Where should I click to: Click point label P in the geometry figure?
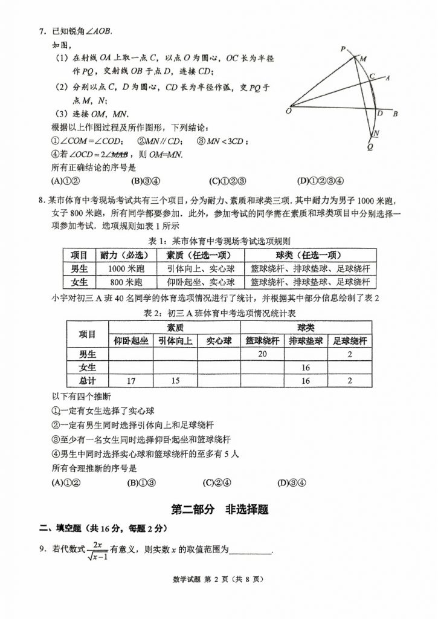(343, 48)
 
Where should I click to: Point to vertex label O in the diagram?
(288, 111)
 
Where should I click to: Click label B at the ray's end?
(395, 114)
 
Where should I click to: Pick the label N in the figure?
(376, 133)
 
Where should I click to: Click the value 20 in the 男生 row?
(262, 354)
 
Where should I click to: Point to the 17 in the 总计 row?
(130, 381)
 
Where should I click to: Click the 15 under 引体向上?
(175, 381)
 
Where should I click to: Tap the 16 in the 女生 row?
(306, 368)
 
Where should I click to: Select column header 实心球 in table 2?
(219, 340)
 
